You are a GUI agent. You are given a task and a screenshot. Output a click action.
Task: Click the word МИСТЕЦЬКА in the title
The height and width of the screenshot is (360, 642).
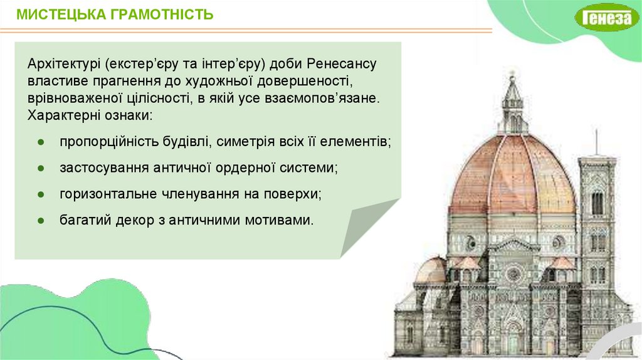point(61,14)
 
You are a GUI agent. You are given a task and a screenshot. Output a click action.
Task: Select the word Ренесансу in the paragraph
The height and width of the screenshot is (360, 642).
point(342,64)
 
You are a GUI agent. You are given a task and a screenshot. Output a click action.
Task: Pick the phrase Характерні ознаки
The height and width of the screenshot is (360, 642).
point(90,115)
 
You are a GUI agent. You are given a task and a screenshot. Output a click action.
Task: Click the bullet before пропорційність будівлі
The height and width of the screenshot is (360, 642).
point(41,142)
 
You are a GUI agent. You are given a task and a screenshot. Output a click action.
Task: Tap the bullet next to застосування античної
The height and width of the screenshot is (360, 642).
point(41,168)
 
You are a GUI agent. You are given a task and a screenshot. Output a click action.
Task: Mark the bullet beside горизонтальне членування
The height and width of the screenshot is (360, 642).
point(41,194)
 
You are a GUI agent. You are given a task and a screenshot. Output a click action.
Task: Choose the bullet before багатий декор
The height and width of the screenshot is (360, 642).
point(41,220)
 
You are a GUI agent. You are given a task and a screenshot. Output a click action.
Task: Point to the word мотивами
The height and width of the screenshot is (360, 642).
point(279,220)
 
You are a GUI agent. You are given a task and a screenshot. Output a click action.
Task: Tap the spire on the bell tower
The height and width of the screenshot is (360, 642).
point(596,142)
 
